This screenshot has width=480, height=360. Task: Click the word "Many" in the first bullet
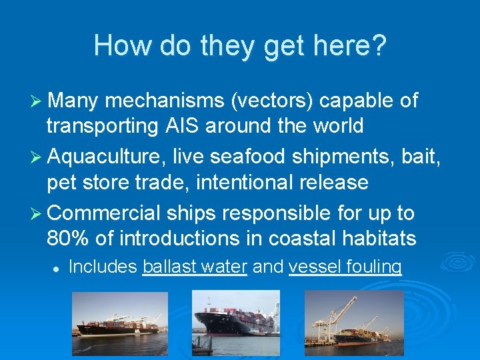[73, 101]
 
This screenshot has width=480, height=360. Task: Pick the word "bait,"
[419, 158]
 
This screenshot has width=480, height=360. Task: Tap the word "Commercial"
[104, 214]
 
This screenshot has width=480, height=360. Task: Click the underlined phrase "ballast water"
[195, 267]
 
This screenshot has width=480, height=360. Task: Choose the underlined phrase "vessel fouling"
[345, 267]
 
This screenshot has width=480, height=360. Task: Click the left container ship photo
[120, 323]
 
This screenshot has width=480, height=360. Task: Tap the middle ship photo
[236, 323]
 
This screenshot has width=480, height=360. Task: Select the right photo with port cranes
[354, 323]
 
